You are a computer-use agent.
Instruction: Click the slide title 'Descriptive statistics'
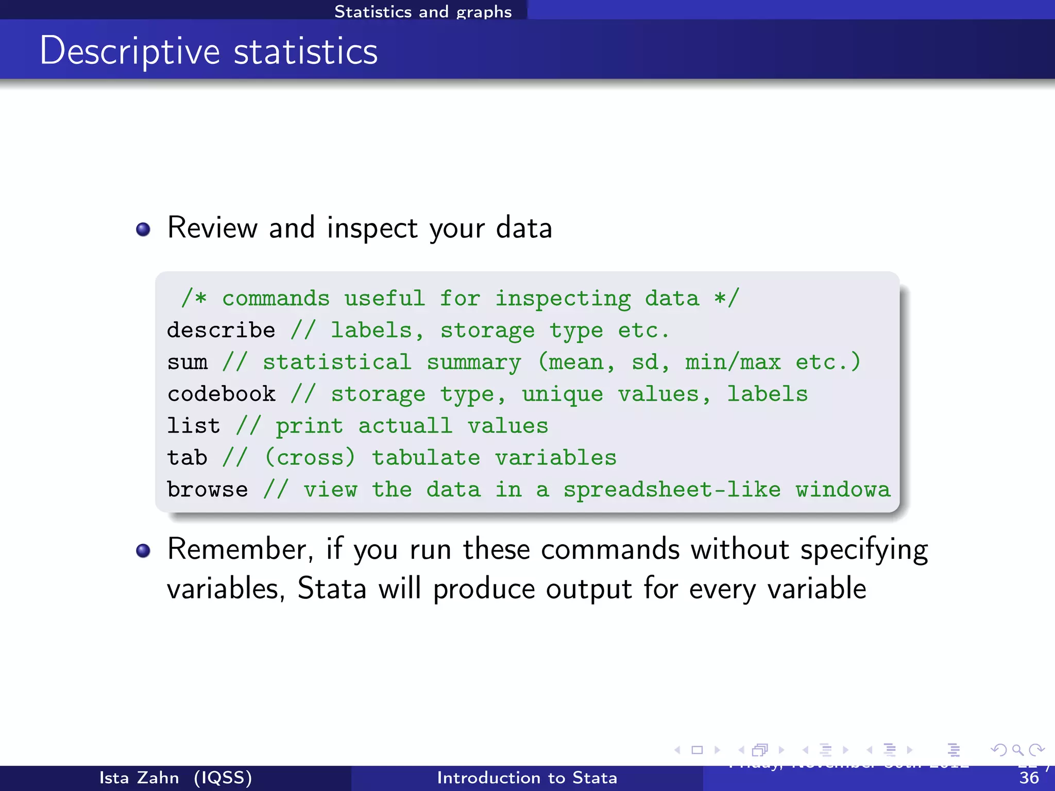tap(209, 51)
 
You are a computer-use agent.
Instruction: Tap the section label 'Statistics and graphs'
tap(423, 11)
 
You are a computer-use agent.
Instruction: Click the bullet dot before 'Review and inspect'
tap(143, 229)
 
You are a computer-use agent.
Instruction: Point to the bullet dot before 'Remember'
tap(143, 551)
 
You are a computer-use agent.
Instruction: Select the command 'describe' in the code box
tap(221, 330)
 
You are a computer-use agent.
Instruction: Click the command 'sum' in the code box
tap(187, 362)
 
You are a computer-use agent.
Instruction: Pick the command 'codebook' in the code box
tap(221, 394)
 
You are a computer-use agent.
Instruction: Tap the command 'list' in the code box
tap(194, 426)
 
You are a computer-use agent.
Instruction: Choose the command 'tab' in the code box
tap(187, 458)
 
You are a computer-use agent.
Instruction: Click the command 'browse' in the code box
tap(207, 489)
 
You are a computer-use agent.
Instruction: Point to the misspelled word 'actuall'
tap(405, 426)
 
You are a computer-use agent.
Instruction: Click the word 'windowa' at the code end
tap(843, 489)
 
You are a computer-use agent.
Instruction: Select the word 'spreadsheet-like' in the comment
tap(672, 489)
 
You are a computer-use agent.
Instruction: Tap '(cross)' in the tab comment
tap(310, 458)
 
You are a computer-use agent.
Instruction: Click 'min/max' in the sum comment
tap(733, 362)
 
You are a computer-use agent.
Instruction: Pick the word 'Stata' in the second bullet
tap(332, 588)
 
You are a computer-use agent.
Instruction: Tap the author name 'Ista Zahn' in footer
tap(139, 778)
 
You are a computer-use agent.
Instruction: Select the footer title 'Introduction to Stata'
tap(527, 778)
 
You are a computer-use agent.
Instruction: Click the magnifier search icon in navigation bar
tap(1017, 750)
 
